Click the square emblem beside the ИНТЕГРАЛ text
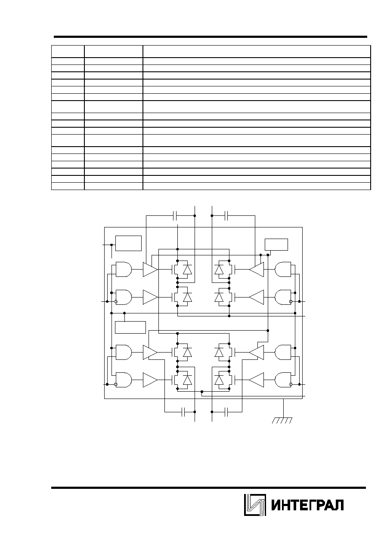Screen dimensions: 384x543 (255, 505)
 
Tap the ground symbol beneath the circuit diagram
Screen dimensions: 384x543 (282, 420)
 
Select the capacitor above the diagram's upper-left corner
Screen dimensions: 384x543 (175, 216)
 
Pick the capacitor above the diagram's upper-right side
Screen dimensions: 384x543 (226, 216)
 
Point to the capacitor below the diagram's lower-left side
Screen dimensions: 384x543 (183, 412)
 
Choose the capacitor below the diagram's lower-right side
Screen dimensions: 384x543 (226, 412)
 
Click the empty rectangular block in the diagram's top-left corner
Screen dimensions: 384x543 (128, 243)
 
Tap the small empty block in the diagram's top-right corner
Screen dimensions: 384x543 (276, 245)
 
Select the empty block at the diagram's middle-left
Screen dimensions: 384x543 (130, 328)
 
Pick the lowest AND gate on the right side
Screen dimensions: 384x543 (283, 380)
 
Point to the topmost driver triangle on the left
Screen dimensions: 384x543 (150, 269)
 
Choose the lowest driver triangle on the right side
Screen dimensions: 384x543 (256, 380)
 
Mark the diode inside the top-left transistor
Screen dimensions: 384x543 (187, 270)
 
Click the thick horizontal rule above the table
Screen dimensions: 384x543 (210, 37)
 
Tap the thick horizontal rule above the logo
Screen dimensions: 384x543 (208, 488)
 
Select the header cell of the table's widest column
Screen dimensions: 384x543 (257, 52)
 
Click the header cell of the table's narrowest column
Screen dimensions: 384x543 (68, 52)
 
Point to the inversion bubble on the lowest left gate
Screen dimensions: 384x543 (116, 384)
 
